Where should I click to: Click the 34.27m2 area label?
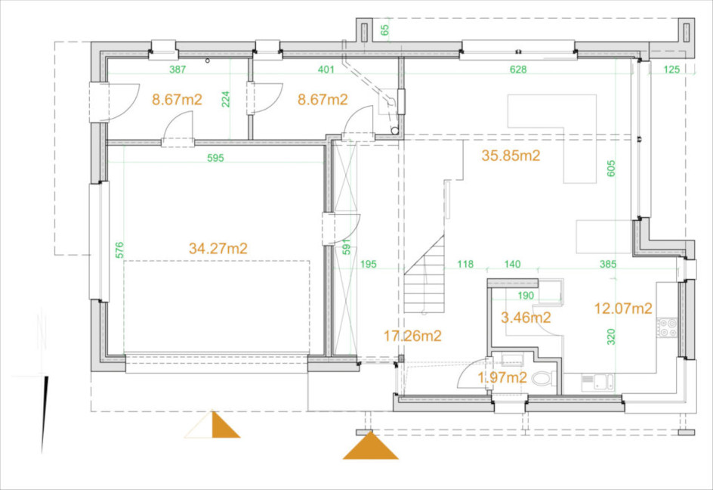218,249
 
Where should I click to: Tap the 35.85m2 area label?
511,156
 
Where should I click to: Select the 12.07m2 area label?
623,309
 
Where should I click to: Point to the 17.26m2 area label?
412,336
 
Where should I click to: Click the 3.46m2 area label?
526,318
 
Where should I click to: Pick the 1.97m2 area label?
502,377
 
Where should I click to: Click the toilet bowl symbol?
544,378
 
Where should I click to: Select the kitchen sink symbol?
597,382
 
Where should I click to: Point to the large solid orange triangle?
371,445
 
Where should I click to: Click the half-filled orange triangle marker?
212,425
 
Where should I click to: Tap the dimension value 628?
518,70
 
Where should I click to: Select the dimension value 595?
215,158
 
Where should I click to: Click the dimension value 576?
119,250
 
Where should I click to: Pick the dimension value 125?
671,70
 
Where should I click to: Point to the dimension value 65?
384,30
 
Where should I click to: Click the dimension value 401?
326,70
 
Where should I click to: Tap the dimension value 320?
611,336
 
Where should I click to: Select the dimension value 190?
526,296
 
